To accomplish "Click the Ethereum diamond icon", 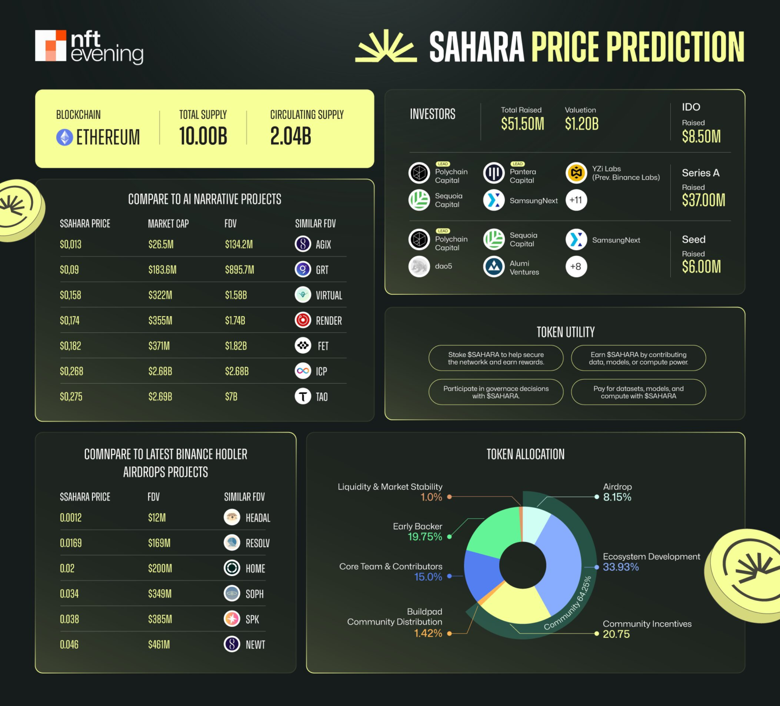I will click(x=64, y=137).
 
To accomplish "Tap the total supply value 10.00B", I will click(x=203, y=136).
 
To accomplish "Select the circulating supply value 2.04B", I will click(x=290, y=136).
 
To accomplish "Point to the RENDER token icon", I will click(x=303, y=320).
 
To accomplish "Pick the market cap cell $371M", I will click(x=159, y=346).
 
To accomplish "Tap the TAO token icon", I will click(x=303, y=396).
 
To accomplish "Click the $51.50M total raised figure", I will click(x=522, y=124).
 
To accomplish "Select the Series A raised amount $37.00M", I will click(x=703, y=200).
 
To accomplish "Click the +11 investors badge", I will click(x=576, y=200).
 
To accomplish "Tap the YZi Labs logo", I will click(x=576, y=173).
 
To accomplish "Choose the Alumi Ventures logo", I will click(x=494, y=267).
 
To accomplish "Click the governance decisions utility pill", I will click(x=496, y=392).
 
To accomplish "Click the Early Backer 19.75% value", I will click(x=425, y=537).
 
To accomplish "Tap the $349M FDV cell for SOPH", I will click(x=159, y=594).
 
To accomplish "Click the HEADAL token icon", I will click(x=232, y=517).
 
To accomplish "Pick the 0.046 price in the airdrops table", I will click(x=69, y=645).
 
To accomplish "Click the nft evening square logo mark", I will click(x=51, y=46).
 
